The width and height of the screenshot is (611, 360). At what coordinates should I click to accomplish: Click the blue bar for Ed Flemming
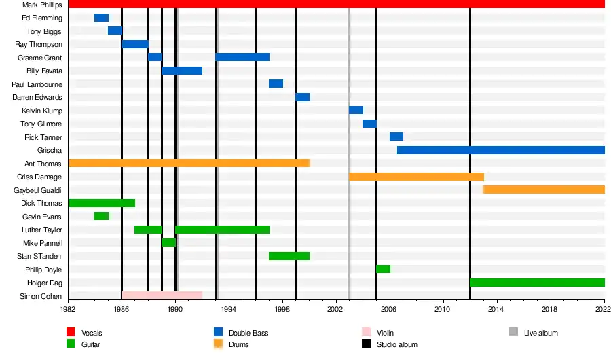coord(101,18)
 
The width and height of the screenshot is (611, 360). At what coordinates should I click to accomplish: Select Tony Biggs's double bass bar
coord(115,31)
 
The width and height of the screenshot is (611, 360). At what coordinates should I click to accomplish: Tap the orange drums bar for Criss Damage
coord(416,177)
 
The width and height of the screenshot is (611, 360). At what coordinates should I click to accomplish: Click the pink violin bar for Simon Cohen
coord(162,295)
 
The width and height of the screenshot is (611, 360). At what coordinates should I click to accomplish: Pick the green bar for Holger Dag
coord(537,283)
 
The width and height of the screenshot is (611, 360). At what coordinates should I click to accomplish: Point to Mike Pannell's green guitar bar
coord(168,242)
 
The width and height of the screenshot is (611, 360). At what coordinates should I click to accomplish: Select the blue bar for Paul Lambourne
coord(276,84)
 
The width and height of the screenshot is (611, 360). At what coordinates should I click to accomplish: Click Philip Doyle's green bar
coord(383,269)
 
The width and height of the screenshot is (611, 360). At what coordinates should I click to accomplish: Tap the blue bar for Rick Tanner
coord(396,137)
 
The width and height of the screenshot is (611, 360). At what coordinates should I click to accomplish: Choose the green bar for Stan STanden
coord(289,256)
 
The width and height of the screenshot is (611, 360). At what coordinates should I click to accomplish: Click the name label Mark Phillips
coord(42,5)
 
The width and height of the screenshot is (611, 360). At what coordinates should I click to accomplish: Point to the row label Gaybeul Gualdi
coord(38,190)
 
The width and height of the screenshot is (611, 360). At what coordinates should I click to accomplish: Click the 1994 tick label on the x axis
coord(229,309)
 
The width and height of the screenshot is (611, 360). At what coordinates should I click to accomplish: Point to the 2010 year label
coord(443,309)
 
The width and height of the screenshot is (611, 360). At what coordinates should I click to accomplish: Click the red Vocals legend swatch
coord(71,332)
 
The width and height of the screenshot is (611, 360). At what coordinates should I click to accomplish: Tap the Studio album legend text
coord(397,344)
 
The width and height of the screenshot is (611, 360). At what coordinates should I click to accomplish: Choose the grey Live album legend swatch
coord(514,332)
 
